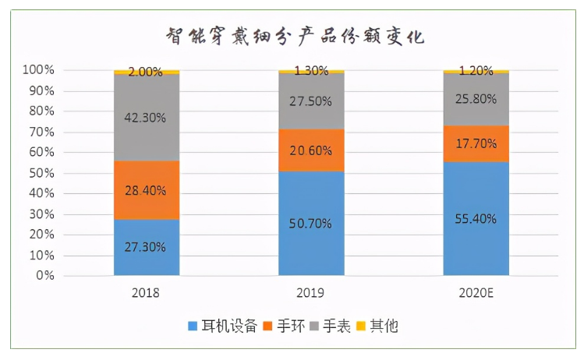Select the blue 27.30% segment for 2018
click(x=147, y=247)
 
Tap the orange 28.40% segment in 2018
click(x=147, y=189)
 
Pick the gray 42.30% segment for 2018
click(x=147, y=117)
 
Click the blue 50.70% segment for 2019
click(x=311, y=224)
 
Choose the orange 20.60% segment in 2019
click(x=311, y=150)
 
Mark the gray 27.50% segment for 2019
click(x=311, y=101)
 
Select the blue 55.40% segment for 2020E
click(x=476, y=219)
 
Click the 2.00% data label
click(x=147, y=72)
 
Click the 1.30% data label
click(x=311, y=71)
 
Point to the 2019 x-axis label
click(x=311, y=294)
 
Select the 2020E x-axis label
click(x=476, y=294)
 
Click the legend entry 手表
click(x=337, y=326)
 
